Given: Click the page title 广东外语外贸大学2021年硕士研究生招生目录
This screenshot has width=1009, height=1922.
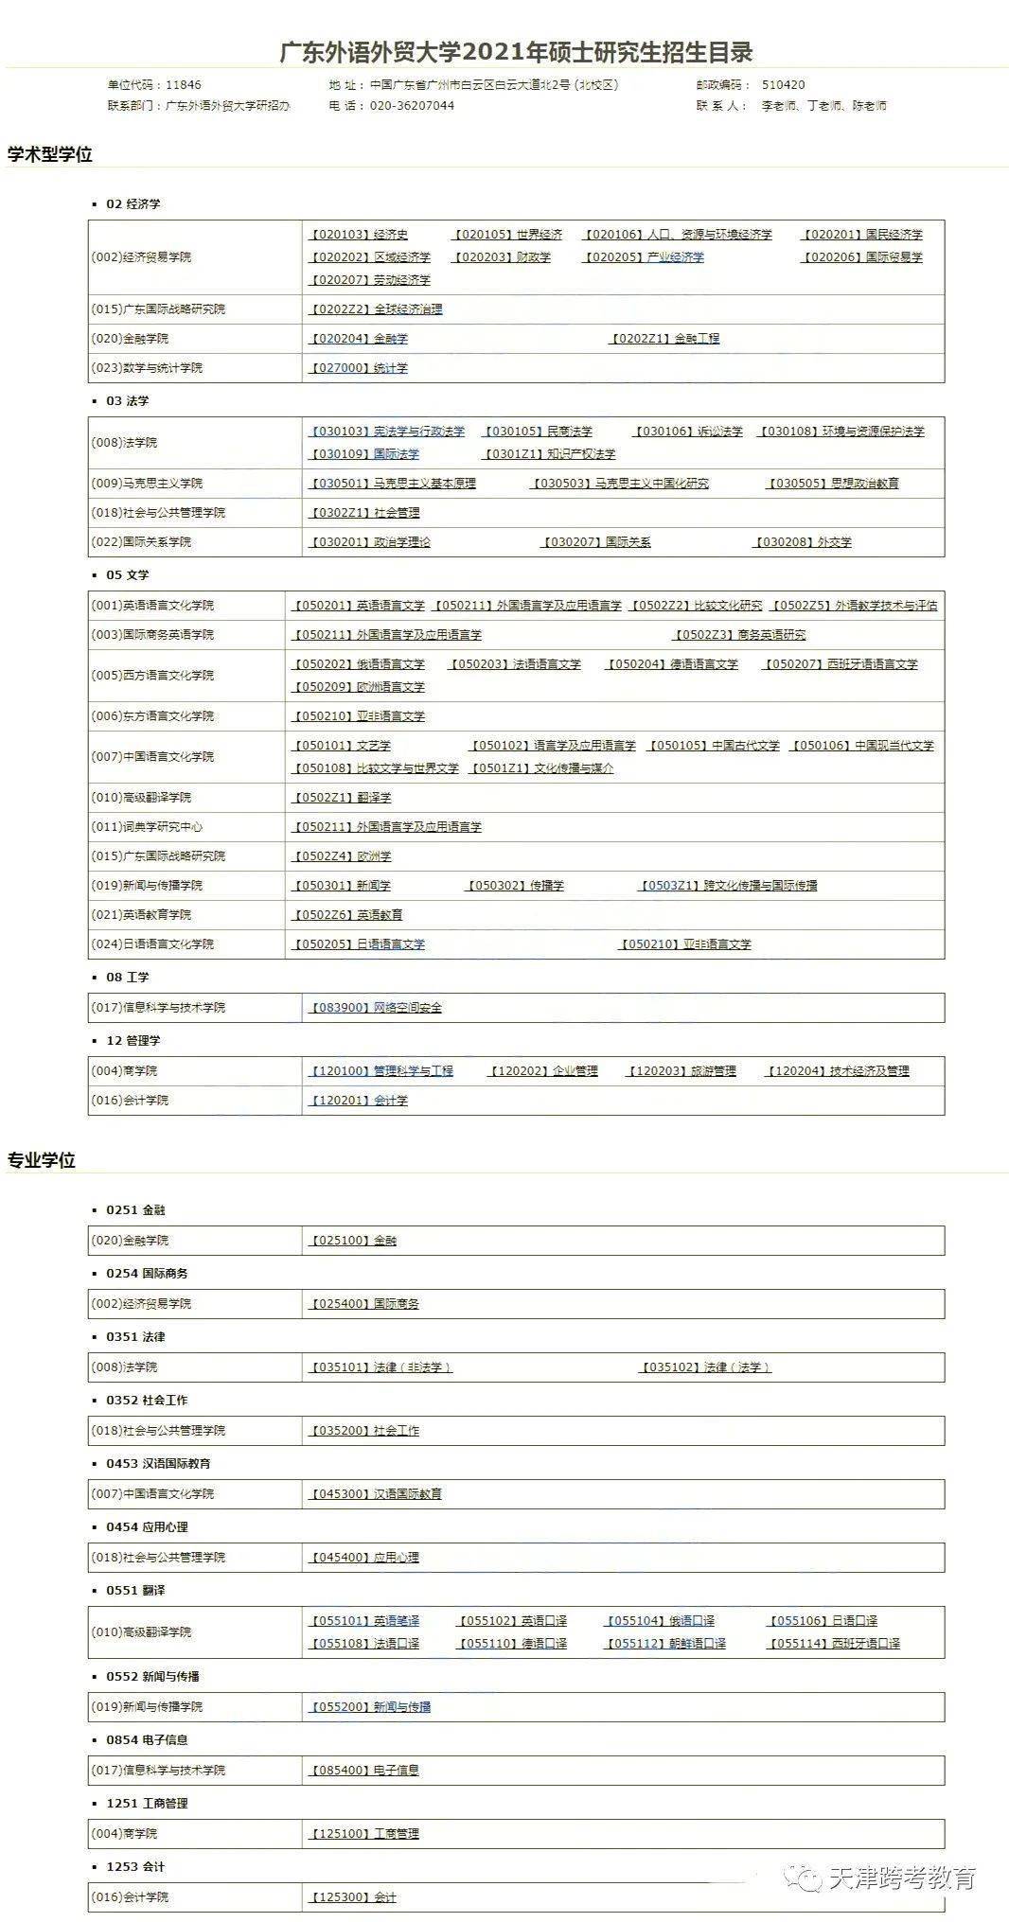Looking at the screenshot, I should tap(516, 52).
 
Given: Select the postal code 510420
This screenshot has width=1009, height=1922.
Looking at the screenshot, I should tap(783, 85).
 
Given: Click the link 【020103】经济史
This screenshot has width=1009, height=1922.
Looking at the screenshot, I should tap(359, 235).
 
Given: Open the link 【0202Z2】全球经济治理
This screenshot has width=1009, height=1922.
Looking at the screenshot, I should tap(376, 309).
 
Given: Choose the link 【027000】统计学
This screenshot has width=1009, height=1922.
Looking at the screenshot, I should tap(359, 368).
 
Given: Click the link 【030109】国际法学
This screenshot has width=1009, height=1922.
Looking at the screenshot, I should tap(364, 454).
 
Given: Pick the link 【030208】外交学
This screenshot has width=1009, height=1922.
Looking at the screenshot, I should tap(803, 542).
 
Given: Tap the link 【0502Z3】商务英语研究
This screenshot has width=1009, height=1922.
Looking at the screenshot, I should tap(739, 635).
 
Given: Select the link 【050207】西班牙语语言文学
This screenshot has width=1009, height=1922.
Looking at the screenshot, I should tap(841, 664).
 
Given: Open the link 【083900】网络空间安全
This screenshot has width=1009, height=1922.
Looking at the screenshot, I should tap(376, 1008).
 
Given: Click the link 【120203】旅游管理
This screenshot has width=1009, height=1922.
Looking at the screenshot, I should tap(682, 1071).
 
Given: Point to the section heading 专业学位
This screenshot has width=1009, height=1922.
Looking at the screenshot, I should tap(42, 1160).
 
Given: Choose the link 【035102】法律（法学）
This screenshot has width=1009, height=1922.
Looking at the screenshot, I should tap(705, 1367).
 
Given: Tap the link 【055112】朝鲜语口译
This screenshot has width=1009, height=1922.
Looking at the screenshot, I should tap(665, 1644).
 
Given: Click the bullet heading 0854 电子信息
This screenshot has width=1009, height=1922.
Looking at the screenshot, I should tap(147, 1740).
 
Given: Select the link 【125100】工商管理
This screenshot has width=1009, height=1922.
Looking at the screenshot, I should tap(364, 1834).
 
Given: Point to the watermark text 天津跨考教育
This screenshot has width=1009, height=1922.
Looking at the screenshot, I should tap(902, 1878).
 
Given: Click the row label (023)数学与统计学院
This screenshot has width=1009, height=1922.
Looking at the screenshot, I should tap(147, 368).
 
